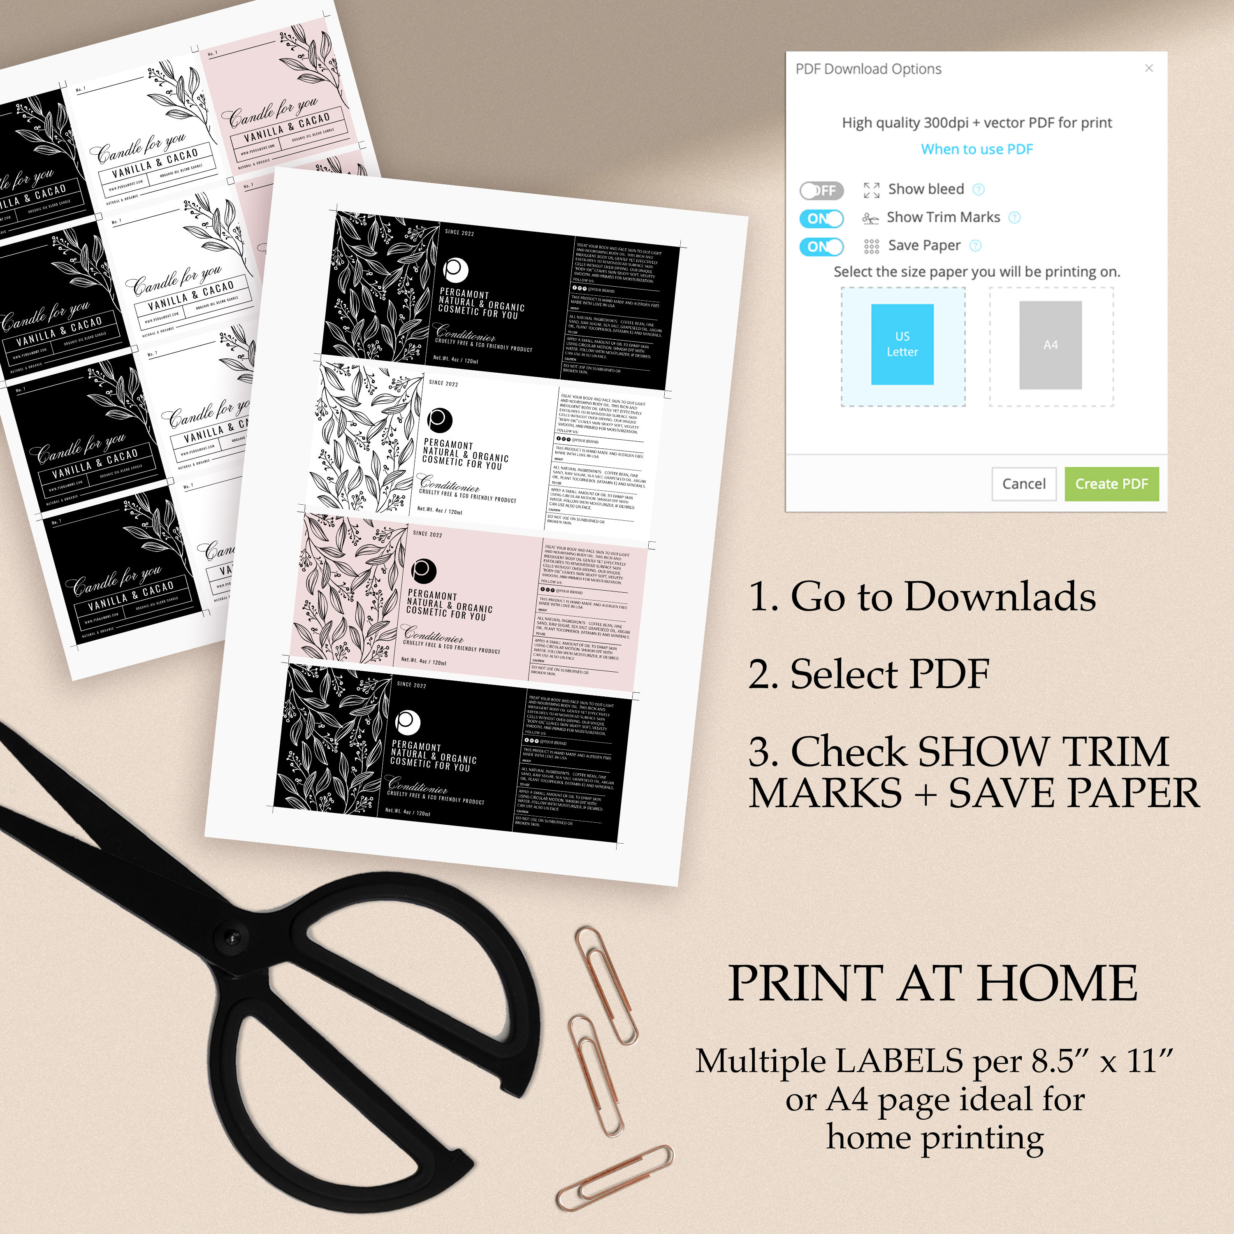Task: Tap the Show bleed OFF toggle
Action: (822, 190)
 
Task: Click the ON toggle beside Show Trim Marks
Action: (821, 218)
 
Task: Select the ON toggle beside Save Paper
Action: (821, 246)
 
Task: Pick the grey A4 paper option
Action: (1050, 345)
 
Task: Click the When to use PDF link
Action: (976, 149)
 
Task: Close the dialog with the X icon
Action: (1148, 68)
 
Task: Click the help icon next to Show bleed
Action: (978, 189)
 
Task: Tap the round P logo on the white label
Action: (439, 420)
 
